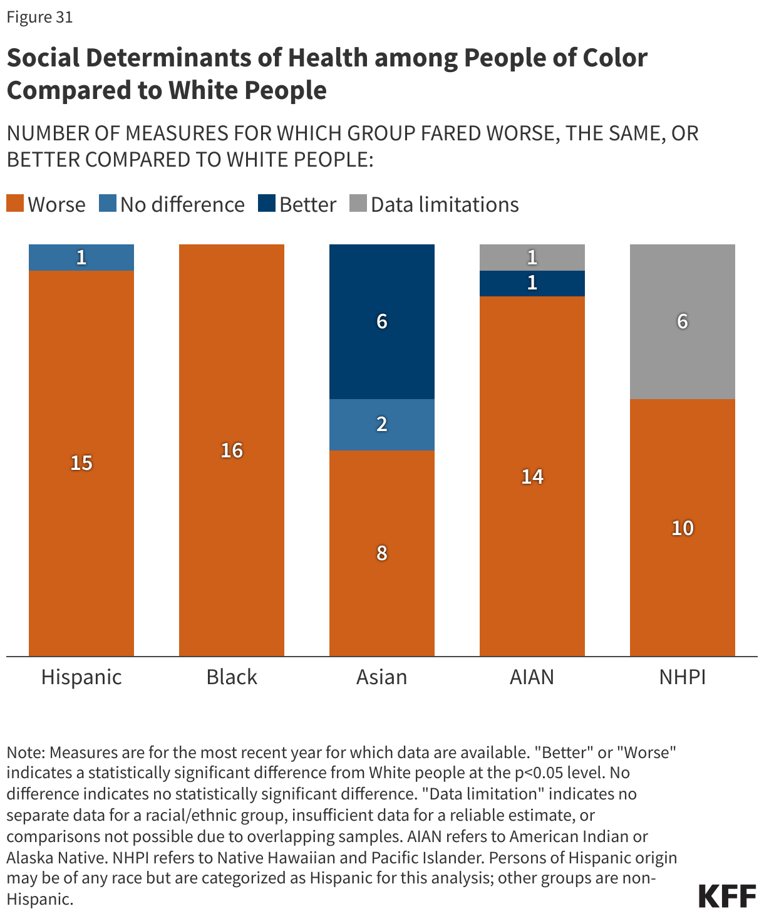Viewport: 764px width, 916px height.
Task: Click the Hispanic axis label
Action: point(81,677)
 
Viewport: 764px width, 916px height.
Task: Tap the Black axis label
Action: point(232,677)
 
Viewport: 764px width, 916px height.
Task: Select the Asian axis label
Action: point(381,677)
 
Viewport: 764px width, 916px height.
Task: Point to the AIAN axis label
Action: point(532,677)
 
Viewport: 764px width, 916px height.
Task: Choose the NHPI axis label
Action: point(682,677)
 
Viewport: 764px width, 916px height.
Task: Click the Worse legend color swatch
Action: point(15,204)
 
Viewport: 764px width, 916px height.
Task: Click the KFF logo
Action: point(727,896)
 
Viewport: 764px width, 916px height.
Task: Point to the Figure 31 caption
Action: point(39,17)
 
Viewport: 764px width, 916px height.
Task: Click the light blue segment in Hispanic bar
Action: point(81,258)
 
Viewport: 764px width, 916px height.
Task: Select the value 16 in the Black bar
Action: point(232,450)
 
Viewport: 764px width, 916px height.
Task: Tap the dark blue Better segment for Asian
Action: point(382,321)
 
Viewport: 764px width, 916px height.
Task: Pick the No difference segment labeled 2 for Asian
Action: point(382,424)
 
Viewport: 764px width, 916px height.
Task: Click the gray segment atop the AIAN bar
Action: point(532,258)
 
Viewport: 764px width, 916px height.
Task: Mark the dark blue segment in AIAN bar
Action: point(532,283)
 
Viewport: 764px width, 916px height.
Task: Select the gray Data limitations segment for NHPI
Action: point(683,321)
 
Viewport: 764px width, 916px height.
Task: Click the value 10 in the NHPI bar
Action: point(683,528)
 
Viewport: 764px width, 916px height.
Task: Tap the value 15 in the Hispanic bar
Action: point(81,462)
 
